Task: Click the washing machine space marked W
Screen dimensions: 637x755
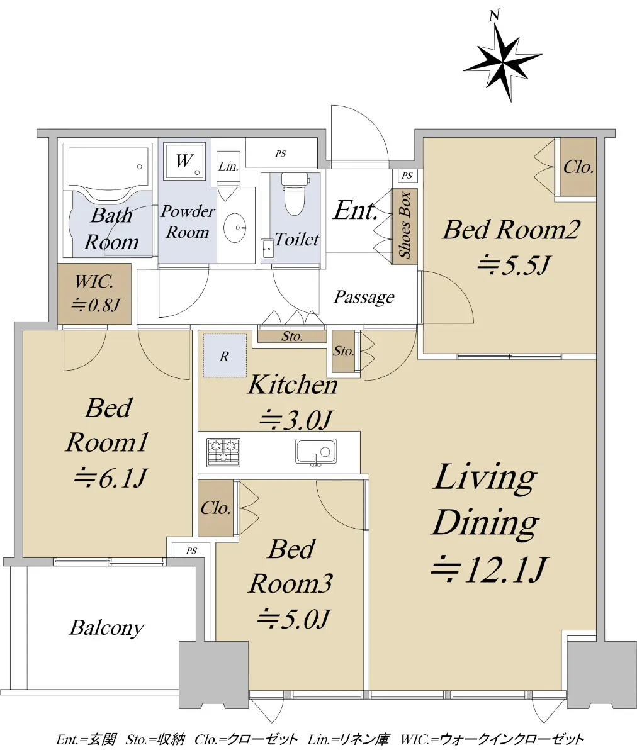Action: click(184, 160)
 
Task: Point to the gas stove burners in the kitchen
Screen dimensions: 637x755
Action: click(223, 452)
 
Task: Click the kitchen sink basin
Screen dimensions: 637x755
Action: click(316, 452)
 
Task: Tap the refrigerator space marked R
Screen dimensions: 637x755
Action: click(225, 356)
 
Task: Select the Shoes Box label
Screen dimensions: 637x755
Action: click(405, 225)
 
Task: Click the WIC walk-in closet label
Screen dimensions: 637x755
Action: click(95, 293)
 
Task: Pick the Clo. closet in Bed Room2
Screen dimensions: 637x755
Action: click(578, 167)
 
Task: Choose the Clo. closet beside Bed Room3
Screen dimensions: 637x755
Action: click(216, 508)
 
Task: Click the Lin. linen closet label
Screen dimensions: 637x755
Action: click(228, 166)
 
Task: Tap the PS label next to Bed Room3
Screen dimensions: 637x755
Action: click(191, 551)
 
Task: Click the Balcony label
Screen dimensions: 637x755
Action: click(107, 628)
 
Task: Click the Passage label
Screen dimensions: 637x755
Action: click(364, 297)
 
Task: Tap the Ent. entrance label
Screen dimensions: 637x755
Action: click(356, 210)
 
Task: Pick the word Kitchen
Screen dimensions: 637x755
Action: click(293, 385)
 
